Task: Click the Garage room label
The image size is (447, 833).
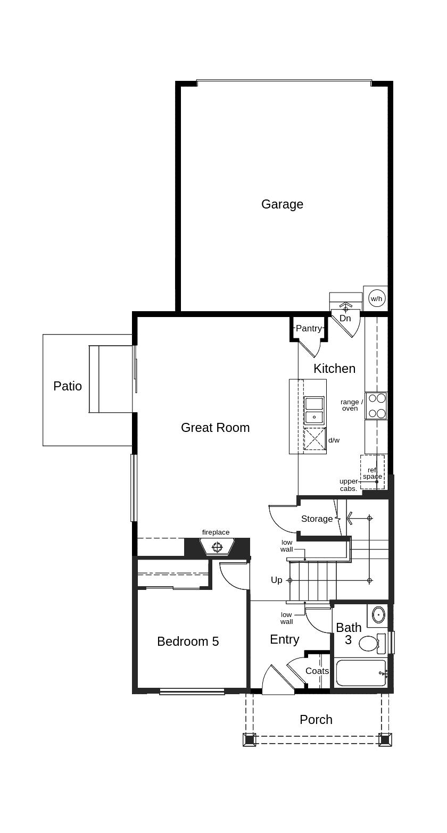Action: coord(282,204)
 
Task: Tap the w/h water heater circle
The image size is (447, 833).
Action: coord(376,298)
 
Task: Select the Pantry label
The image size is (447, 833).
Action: coord(309,328)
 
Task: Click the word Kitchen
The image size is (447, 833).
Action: coord(334,369)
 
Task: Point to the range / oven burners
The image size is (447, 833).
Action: coord(376,406)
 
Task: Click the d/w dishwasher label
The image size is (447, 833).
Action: coord(334,440)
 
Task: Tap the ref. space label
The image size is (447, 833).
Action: coord(372,473)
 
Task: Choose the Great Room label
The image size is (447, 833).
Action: coord(216,428)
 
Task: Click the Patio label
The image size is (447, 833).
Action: coord(68,386)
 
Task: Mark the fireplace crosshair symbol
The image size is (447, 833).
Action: coord(217,547)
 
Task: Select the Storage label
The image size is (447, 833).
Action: coord(317,519)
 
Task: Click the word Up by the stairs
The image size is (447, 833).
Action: coord(276,580)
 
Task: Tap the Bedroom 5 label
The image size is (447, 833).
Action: coord(188,642)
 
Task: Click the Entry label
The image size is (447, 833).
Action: coord(285,639)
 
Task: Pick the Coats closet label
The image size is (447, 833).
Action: coord(317,671)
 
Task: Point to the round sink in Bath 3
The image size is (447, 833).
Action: coord(378,615)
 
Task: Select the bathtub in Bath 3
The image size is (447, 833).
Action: coord(361,673)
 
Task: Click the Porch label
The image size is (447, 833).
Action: coord(316,720)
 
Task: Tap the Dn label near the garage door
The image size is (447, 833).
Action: coord(345,318)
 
